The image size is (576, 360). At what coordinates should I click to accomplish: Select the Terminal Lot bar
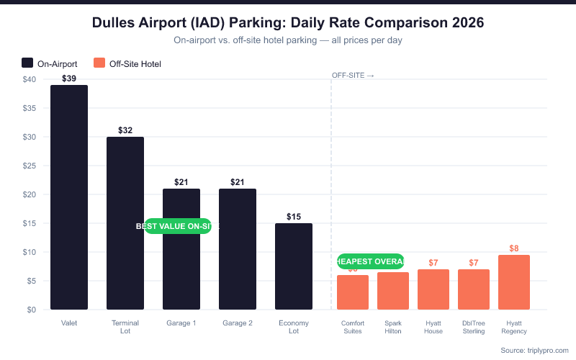pos(125,223)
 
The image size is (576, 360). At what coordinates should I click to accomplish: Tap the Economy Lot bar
pos(294,266)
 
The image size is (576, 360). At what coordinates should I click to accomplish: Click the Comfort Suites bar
pos(353,292)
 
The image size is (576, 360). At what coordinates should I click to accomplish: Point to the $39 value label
pos(69,78)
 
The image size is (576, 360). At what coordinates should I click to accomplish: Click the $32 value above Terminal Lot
pos(125,130)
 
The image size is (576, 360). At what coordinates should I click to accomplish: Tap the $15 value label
pos(294,217)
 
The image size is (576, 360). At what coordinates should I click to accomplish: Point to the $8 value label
pos(514,248)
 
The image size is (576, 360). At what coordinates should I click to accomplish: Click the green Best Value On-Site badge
pos(178,226)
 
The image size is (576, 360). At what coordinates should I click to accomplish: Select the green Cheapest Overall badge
pos(370,261)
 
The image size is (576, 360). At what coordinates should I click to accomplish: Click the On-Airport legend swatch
pos(27,63)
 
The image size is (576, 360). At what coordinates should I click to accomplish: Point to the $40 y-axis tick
pos(30,79)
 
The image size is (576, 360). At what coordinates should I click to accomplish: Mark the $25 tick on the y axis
pos(30,166)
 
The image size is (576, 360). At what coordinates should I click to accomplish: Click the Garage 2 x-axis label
pos(238,323)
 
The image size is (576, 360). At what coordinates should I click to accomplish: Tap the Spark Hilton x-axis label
pos(393,327)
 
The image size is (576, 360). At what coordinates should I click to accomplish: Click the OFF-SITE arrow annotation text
pos(353,76)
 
